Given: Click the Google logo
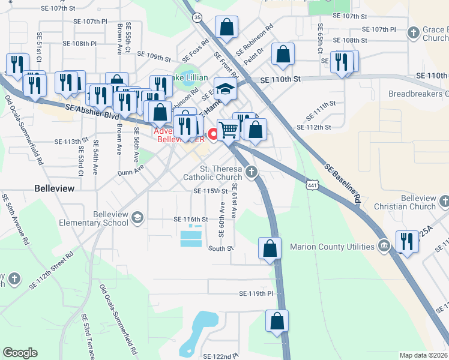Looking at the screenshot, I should coord(20,353).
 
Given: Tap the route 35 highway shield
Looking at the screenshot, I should coord(197,18).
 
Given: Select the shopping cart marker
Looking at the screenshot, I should coord(228,128).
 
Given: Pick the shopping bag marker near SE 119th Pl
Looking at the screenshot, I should coord(277,322).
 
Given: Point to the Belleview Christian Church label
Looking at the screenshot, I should coord(418,202).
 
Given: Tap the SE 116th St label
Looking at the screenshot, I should coord(190,220).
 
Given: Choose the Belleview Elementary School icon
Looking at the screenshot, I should coord(137,217).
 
